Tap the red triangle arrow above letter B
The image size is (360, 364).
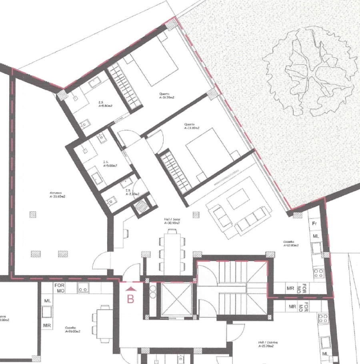point(130,287)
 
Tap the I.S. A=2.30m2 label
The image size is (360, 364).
point(132,192)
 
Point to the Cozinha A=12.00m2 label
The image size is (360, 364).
point(291,244)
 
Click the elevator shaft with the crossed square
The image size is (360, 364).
point(177,299)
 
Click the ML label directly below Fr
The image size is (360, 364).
point(316,236)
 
